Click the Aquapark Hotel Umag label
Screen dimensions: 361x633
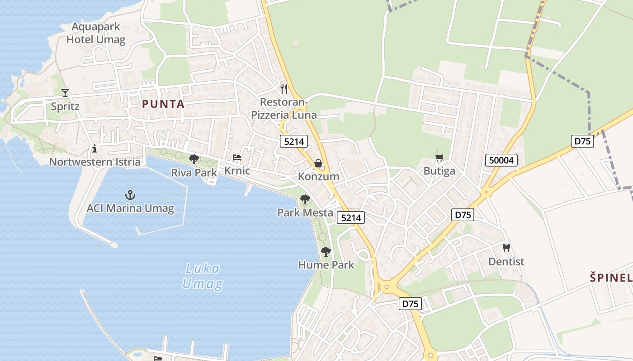coord(95,33)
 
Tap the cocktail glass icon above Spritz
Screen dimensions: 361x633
coord(65,93)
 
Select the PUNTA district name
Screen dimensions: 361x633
coord(163,104)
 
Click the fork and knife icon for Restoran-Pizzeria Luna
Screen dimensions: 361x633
coord(284,88)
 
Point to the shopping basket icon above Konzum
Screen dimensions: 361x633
coord(318,163)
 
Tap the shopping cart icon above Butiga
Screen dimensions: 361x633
coord(439,157)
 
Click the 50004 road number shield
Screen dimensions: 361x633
coord(501,160)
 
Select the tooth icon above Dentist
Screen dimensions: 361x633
coord(506,248)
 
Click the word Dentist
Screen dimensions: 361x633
coord(506,262)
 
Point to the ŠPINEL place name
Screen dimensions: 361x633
coord(611,278)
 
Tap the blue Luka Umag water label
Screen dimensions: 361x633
coord(203,276)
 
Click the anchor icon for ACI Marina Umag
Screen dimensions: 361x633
coord(130,195)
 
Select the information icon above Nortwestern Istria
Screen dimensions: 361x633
coord(94,148)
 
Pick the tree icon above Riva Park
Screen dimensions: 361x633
coord(194,159)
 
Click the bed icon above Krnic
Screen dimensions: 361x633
coord(237,157)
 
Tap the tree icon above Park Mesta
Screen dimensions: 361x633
coord(305,199)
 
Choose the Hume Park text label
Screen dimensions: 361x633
coord(326,265)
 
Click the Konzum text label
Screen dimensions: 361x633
coord(318,176)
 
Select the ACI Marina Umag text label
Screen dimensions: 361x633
coord(130,208)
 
